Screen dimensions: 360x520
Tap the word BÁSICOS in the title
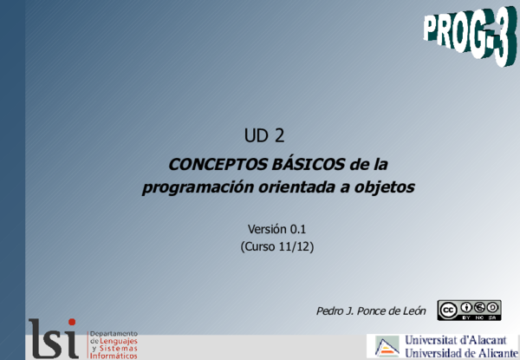[304, 164]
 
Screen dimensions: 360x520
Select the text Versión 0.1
[277, 229]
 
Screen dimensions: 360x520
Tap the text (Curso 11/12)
[277, 246]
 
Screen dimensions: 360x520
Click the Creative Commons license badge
[469, 310]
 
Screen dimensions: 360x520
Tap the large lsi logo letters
[54, 339]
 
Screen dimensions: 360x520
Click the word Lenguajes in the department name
[118, 341]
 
